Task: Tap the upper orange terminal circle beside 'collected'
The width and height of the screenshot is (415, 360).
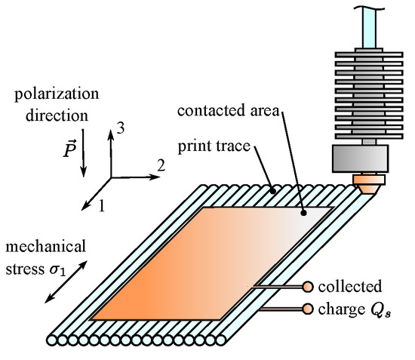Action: [307, 286]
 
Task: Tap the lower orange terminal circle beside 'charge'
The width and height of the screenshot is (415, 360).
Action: [307, 308]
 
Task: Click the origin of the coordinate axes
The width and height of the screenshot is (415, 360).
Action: [112, 177]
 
